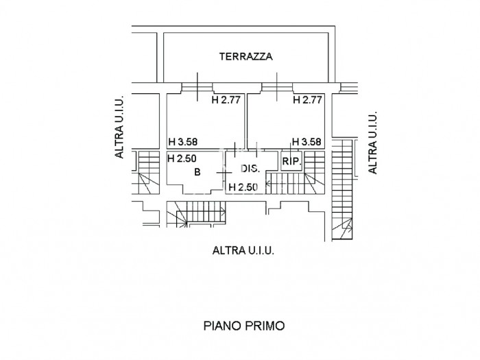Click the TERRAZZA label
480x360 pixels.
click(245, 57)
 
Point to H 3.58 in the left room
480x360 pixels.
click(182, 143)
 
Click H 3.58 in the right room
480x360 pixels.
click(306, 143)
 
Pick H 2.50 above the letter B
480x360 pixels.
click(182, 158)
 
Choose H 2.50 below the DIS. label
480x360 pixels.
click(243, 187)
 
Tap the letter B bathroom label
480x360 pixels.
click(197, 172)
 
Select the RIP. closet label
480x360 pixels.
click(290, 162)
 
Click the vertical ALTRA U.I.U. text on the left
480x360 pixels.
click(120, 128)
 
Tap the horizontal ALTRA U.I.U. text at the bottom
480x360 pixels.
click(243, 251)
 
